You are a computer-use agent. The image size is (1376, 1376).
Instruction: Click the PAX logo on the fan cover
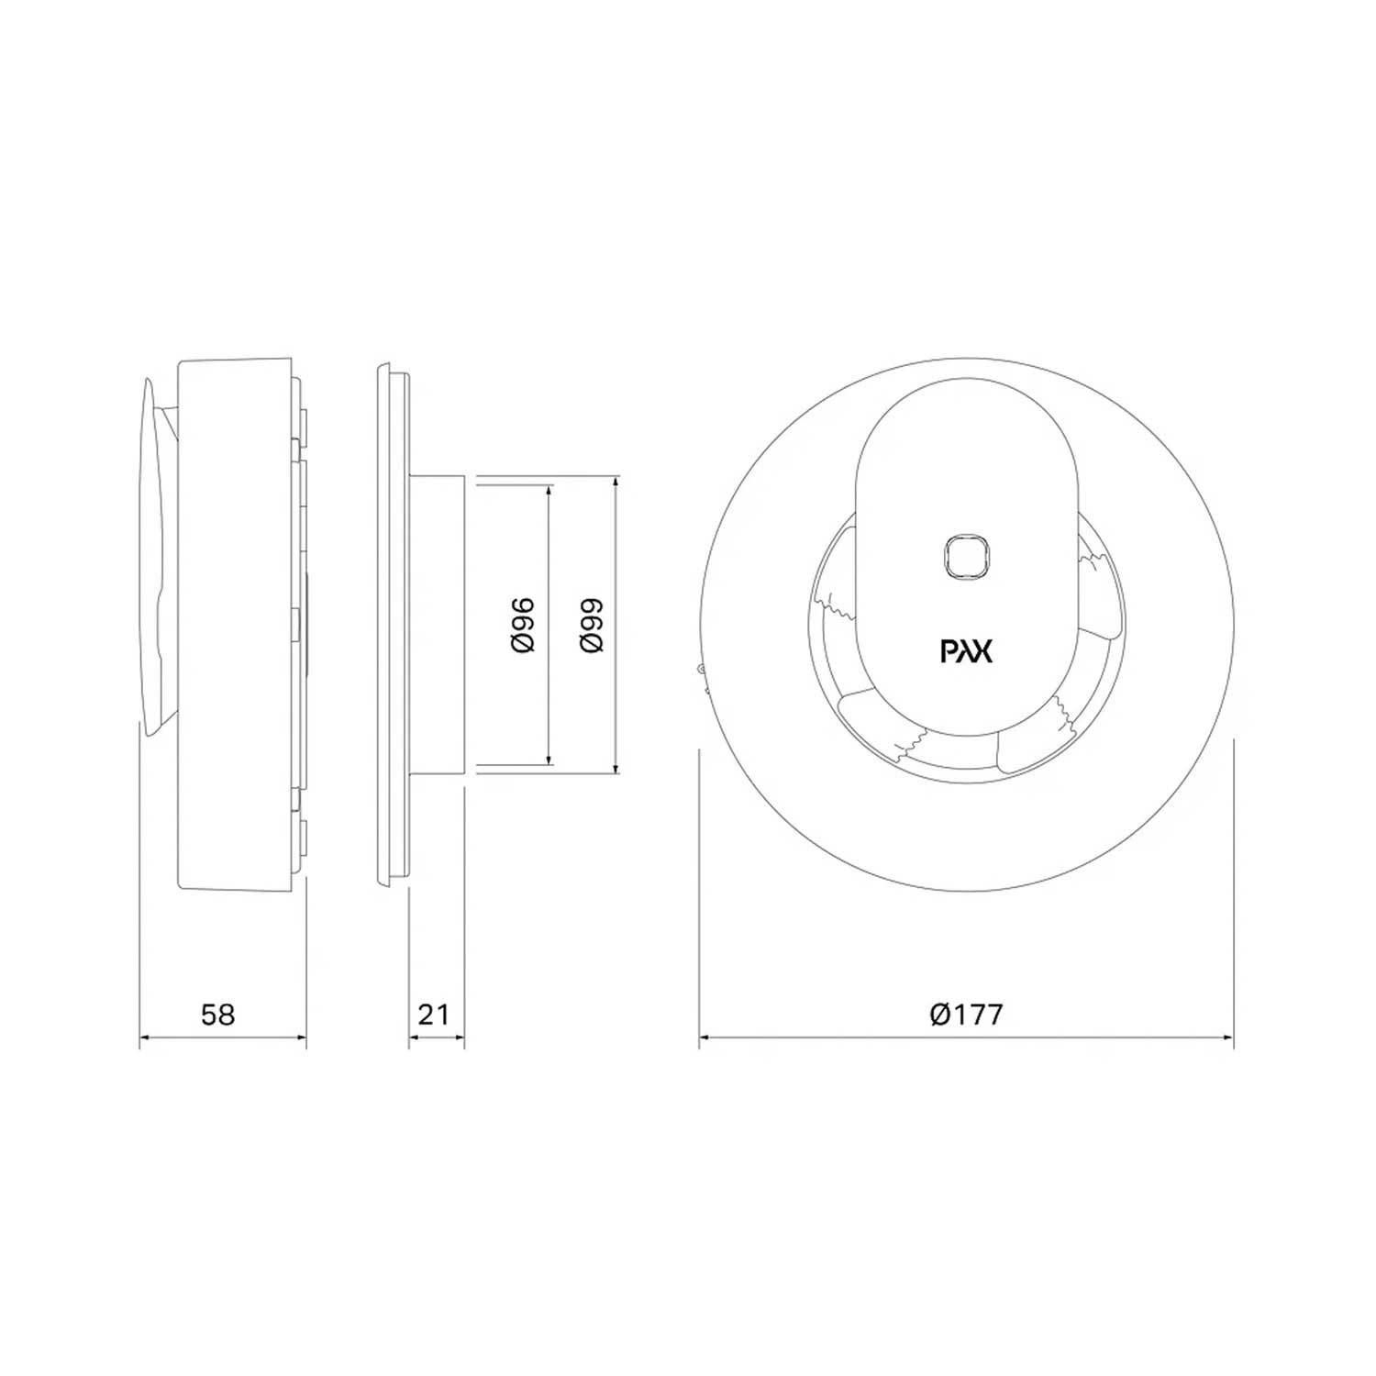coord(967,650)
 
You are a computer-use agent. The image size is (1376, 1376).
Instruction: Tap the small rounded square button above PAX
coord(967,556)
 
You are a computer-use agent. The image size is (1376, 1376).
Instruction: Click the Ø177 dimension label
coord(966,1014)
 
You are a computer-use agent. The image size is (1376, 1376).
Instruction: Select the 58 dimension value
coord(218,1014)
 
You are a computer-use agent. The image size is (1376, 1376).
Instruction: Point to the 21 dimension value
coord(434,1014)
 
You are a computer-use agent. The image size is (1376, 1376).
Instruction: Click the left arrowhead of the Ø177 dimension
coord(706,1038)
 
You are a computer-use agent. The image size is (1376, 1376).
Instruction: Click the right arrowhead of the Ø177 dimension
coord(1226,1038)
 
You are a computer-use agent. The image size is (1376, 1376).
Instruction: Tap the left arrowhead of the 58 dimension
coord(147,1038)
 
